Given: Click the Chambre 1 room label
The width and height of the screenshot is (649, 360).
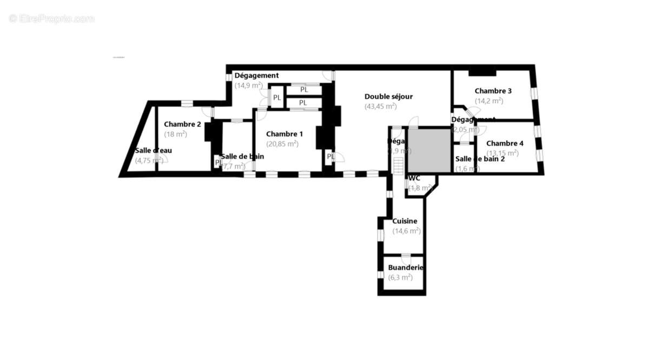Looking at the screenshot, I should tap(284, 134).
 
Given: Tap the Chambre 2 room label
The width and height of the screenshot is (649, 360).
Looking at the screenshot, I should tap(183, 124).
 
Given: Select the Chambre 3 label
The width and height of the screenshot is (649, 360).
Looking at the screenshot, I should tap(493, 91).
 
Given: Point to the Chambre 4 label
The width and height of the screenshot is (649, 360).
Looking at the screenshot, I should tap(505, 143).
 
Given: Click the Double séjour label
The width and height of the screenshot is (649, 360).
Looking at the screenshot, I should tap(388, 97).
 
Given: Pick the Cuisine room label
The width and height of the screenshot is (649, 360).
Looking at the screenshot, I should tap(405, 221).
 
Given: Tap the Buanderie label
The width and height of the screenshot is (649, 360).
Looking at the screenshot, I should tap(406, 268).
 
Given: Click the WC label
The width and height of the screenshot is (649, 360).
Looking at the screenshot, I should tap(414, 178).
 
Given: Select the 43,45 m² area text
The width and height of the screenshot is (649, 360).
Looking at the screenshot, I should tap(381, 106).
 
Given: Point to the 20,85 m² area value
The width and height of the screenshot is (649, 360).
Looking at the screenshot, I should tap(282, 144).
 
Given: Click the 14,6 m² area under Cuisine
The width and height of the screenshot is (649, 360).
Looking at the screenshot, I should tap(407, 231).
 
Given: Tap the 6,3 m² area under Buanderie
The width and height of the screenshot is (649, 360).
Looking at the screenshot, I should tap(400, 277).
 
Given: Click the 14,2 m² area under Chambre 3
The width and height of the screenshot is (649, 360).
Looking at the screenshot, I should tap(489, 101).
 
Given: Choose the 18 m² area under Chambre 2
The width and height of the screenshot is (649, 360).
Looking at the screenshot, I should tap(175, 134).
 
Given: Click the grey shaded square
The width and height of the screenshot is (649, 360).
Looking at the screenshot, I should tap(429, 150).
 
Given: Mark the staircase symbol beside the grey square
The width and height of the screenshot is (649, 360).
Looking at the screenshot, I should tap(399, 165).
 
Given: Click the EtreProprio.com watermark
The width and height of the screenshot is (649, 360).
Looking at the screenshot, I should tap(52, 18).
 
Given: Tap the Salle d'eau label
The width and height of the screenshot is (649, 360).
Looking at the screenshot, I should tap(154, 150).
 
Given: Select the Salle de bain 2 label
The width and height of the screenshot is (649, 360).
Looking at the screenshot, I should tap(480, 159).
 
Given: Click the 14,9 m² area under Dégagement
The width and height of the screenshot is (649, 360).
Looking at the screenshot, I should tap(249, 85).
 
